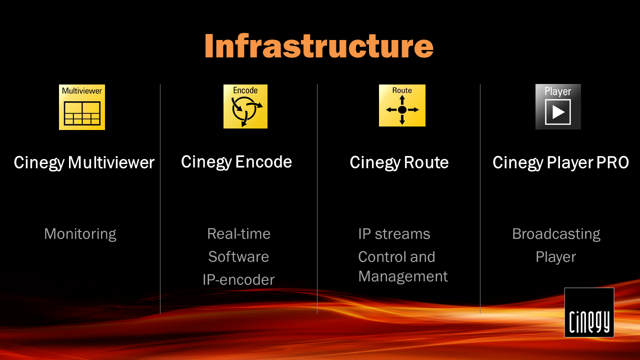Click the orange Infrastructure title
(x=319, y=45)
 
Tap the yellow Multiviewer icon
(x=82, y=107)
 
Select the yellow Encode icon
(x=245, y=106)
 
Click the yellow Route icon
(x=402, y=105)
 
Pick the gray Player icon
(x=558, y=106)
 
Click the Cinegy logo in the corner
(x=589, y=312)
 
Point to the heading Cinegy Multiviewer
(x=84, y=163)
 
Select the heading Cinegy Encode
(x=236, y=162)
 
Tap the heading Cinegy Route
(x=399, y=163)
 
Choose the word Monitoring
(x=80, y=234)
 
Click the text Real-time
(x=239, y=233)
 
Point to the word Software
(x=238, y=256)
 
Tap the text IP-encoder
(x=238, y=279)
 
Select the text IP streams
(x=394, y=234)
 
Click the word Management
(x=403, y=276)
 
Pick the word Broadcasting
(x=556, y=234)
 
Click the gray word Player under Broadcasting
(x=555, y=257)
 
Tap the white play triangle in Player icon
(x=558, y=112)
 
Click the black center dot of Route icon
(x=402, y=109)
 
